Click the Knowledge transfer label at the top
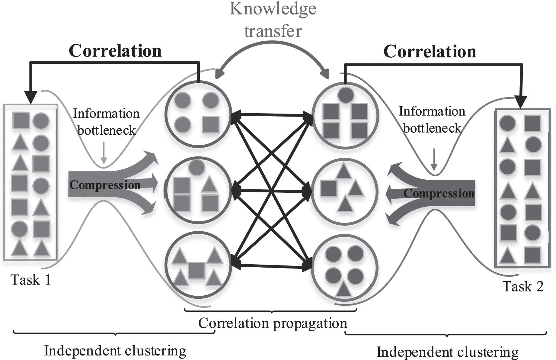click(x=273, y=20)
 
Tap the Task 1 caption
click(x=31, y=280)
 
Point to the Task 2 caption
click(x=523, y=286)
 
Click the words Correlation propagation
click(x=273, y=323)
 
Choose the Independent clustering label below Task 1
click(x=115, y=351)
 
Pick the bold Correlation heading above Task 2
click(x=430, y=51)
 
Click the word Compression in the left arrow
click(x=105, y=185)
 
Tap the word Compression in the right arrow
click(x=439, y=193)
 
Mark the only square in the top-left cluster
click(x=211, y=125)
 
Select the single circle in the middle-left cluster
click(x=197, y=167)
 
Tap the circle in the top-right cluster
click(x=346, y=95)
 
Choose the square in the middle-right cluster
click(x=329, y=188)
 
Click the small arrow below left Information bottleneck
click(x=104, y=156)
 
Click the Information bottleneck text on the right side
click(x=432, y=120)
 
